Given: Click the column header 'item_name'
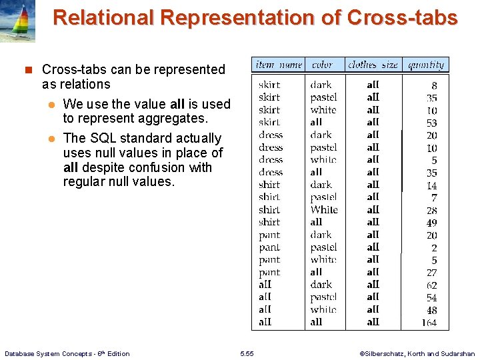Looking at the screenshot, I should click(x=278, y=65).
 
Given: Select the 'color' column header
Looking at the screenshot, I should click(x=322, y=65).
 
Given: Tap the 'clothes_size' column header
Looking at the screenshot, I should click(x=373, y=65).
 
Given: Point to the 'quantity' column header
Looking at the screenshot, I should click(x=425, y=65).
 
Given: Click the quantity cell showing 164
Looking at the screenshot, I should click(x=429, y=323).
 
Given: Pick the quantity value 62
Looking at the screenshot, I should click(x=431, y=285).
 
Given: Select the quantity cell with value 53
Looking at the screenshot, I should click(x=431, y=123).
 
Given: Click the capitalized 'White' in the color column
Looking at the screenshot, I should click(x=324, y=210).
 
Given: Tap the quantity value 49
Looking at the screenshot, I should click(x=431, y=223).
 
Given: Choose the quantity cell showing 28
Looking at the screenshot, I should click(x=431, y=211).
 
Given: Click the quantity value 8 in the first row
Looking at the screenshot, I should click(x=434, y=85).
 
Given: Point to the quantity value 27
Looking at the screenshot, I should click(x=431, y=273).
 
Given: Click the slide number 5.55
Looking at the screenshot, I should click(x=247, y=353).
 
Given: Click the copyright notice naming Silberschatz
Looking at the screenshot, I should click(x=417, y=353).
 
